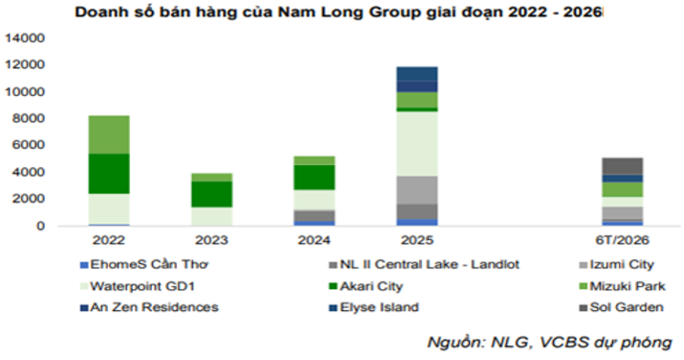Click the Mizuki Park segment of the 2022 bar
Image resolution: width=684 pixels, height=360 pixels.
click(x=109, y=135)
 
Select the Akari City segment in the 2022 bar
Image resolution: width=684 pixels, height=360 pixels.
click(x=109, y=174)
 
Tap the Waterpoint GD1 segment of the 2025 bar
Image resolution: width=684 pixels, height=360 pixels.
click(x=417, y=144)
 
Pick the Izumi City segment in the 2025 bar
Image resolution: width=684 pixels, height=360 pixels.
click(x=417, y=191)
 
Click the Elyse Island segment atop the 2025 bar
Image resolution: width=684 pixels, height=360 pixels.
click(x=417, y=73)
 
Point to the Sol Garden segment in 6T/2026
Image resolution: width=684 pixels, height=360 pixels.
click(x=622, y=166)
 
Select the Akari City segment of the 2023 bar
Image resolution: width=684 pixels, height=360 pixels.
click(x=212, y=194)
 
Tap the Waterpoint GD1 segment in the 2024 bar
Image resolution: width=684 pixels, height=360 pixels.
click(x=315, y=200)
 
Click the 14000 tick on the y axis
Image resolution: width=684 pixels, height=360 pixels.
click(x=25, y=39)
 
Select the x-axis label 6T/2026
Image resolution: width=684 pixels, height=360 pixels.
click(x=622, y=241)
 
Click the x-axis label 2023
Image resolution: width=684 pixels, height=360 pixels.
click(x=212, y=241)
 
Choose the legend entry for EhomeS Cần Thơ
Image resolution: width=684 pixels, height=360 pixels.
click(x=145, y=265)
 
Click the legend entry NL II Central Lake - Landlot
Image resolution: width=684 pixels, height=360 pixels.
click(x=424, y=265)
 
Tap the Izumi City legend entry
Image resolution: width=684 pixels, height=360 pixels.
click(x=617, y=265)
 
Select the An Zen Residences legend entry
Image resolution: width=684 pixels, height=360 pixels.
click(x=149, y=307)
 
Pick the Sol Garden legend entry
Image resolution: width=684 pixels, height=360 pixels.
click(x=622, y=307)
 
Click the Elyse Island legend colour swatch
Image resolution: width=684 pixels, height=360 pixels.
click(x=333, y=308)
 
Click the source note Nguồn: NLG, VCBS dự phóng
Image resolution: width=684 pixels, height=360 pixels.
click(x=549, y=343)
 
